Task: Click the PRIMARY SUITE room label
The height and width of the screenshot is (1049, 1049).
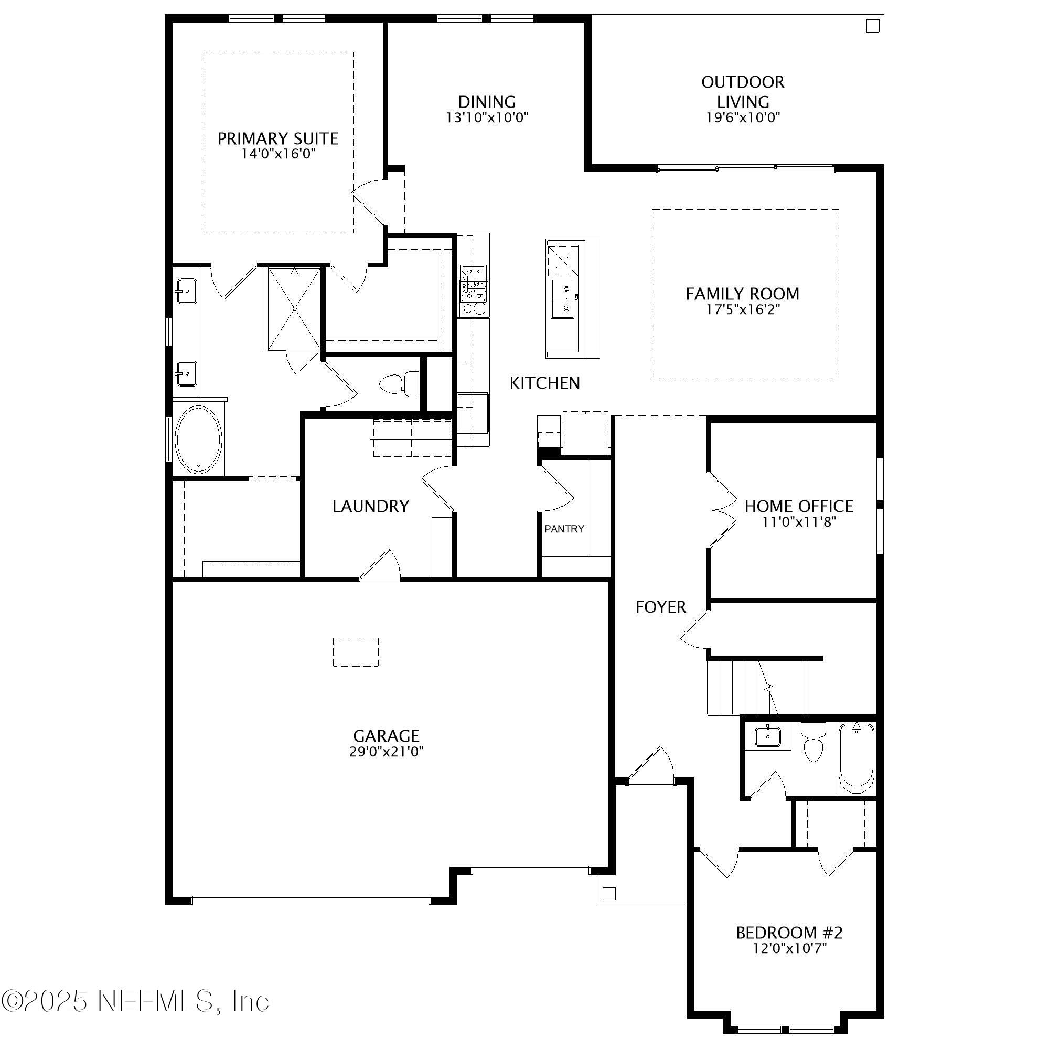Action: coord(277,139)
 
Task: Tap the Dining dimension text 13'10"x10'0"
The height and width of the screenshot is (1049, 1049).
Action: coord(487,118)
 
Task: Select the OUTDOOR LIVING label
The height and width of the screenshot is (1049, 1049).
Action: coord(742,92)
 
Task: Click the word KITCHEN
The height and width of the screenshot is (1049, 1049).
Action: coord(544,383)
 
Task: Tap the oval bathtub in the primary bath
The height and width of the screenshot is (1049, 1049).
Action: coord(199,439)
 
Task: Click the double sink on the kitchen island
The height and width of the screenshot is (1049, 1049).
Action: coord(564,298)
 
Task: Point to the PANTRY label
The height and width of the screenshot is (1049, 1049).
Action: coord(564,529)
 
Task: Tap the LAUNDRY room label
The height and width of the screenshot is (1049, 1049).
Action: coord(370,507)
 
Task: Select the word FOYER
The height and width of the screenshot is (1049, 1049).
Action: coord(661,607)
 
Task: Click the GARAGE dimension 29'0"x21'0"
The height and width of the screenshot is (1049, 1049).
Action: coord(386,752)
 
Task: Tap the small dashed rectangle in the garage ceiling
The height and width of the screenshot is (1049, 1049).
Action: coord(356,652)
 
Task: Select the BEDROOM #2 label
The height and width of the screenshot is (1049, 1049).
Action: coord(789,933)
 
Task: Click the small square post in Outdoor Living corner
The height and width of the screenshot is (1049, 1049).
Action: coord(872,26)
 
